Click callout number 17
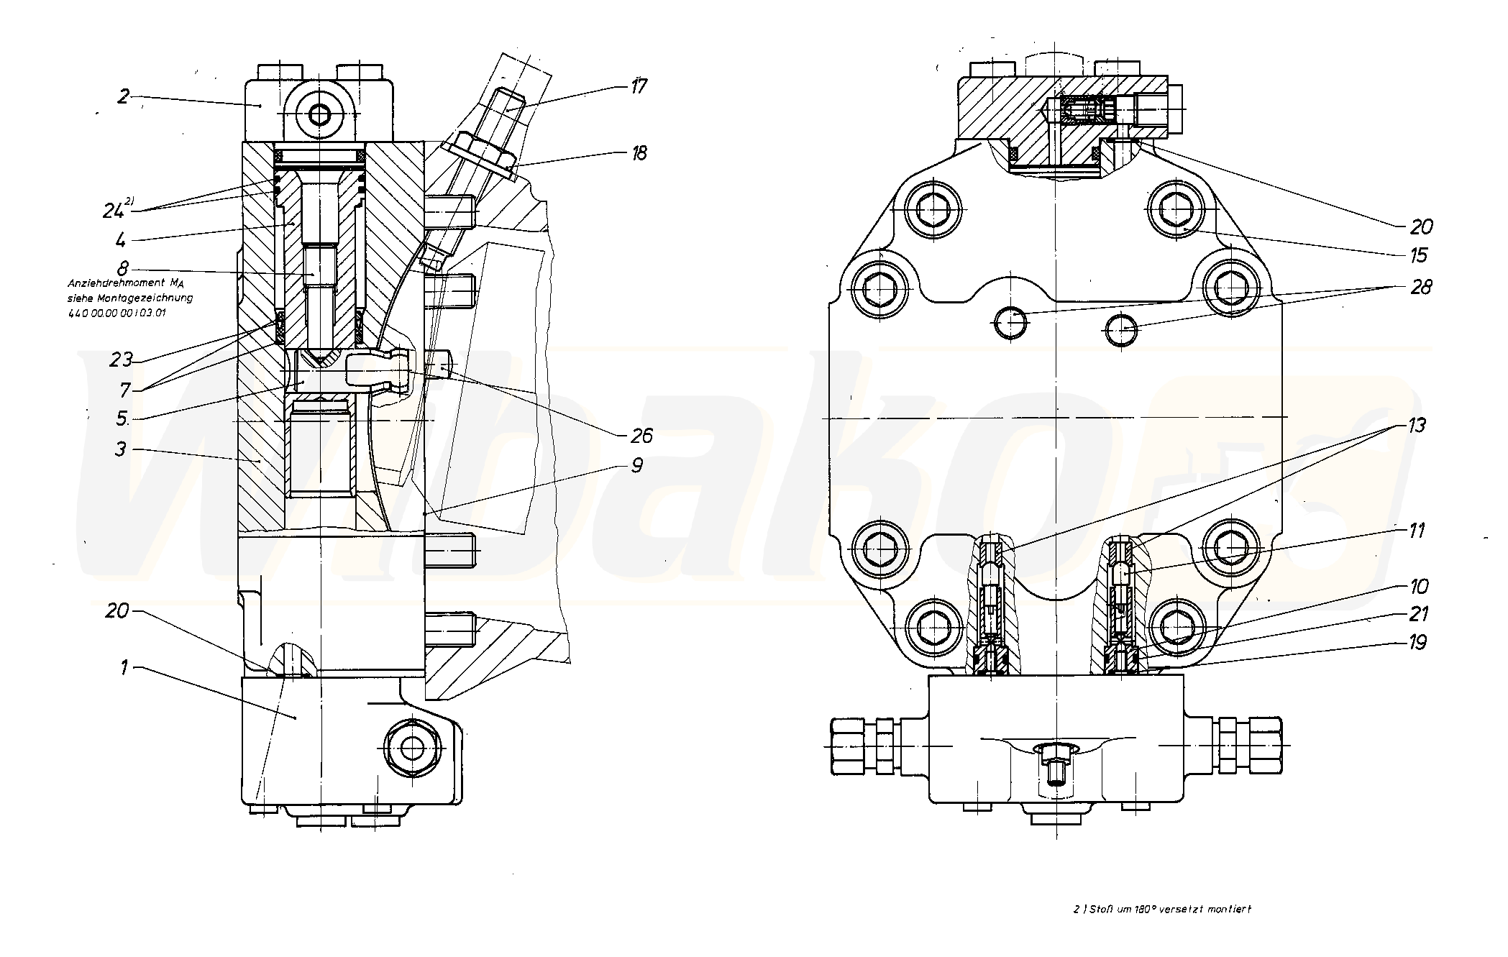(x=638, y=87)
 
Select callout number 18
(x=638, y=153)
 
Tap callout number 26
(x=641, y=436)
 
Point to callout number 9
(x=637, y=466)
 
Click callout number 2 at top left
(x=124, y=96)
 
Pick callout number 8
(x=122, y=268)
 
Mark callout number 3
(x=120, y=449)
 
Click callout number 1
(x=124, y=668)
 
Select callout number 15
(x=1418, y=255)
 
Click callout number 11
(x=1416, y=531)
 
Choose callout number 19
(x=1417, y=642)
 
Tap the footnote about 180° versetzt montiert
(x=1161, y=909)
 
